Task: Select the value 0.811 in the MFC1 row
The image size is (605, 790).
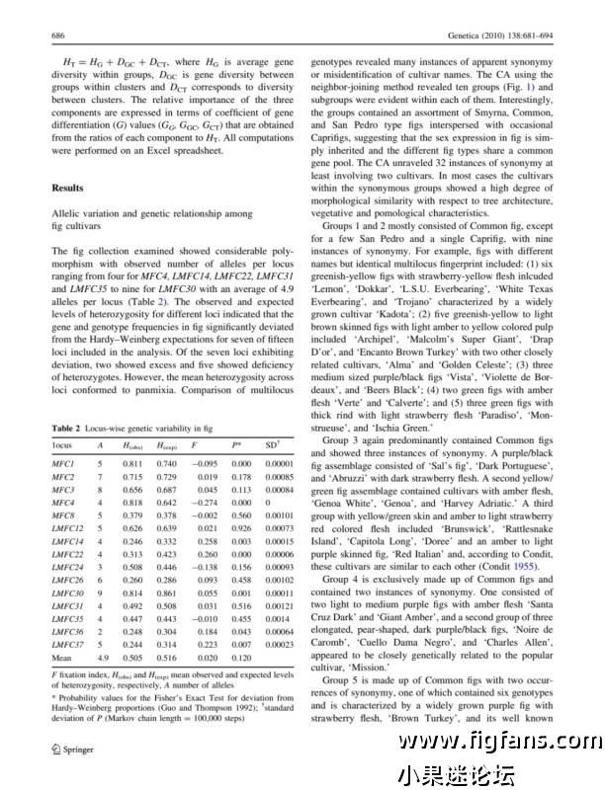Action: pos(132,463)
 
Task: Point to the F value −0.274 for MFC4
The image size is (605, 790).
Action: pos(205,502)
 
